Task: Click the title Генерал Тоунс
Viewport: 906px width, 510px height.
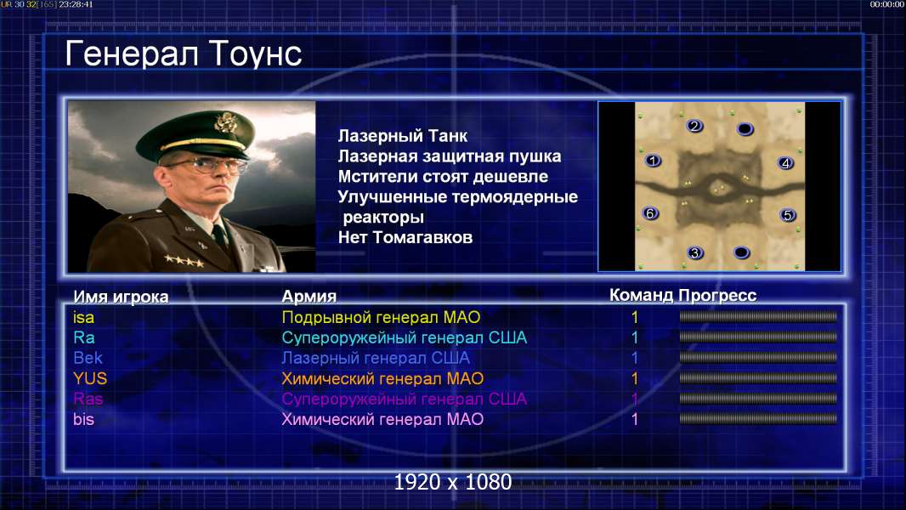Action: pyautogui.click(x=184, y=54)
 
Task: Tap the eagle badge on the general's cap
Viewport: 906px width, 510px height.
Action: pyautogui.click(x=224, y=122)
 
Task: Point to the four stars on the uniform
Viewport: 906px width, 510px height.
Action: pyautogui.click(x=184, y=261)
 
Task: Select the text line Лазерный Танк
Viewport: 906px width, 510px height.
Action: pyautogui.click(x=403, y=136)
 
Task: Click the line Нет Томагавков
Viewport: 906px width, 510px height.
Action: pyautogui.click(x=405, y=237)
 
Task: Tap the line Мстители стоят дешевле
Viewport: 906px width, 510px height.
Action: pyautogui.click(x=443, y=176)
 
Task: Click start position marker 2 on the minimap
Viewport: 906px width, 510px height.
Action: pyautogui.click(x=694, y=126)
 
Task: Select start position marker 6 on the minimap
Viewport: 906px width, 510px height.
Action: pyautogui.click(x=650, y=213)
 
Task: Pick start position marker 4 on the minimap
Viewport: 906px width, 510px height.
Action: pyautogui.click(x=785, y=163)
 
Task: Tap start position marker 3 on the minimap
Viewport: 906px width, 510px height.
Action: pyautogui.click(x=695, y=252)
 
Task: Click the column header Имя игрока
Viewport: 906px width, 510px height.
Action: pyautogui.click(x=121, y=297)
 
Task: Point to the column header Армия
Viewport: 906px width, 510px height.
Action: pyautogui.click(x=309, y=297)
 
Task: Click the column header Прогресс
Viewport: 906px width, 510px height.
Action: pyautogui.click(x=717, y=295)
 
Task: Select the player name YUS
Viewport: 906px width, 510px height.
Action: pyautogui.click(x=90, y=378)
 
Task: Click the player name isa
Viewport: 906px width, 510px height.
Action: pyautogui.click(x=84, y=317)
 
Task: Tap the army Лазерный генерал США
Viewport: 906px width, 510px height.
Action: pyautogui.click(x=376, y=358)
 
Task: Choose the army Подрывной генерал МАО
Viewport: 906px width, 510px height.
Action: pyautogui.click(x=381, y=317)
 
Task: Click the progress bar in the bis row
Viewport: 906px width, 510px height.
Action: pyautogui.click(x=758, y=419)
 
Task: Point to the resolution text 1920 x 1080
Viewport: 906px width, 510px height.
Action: pyautogui.click(x=453, y=482)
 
